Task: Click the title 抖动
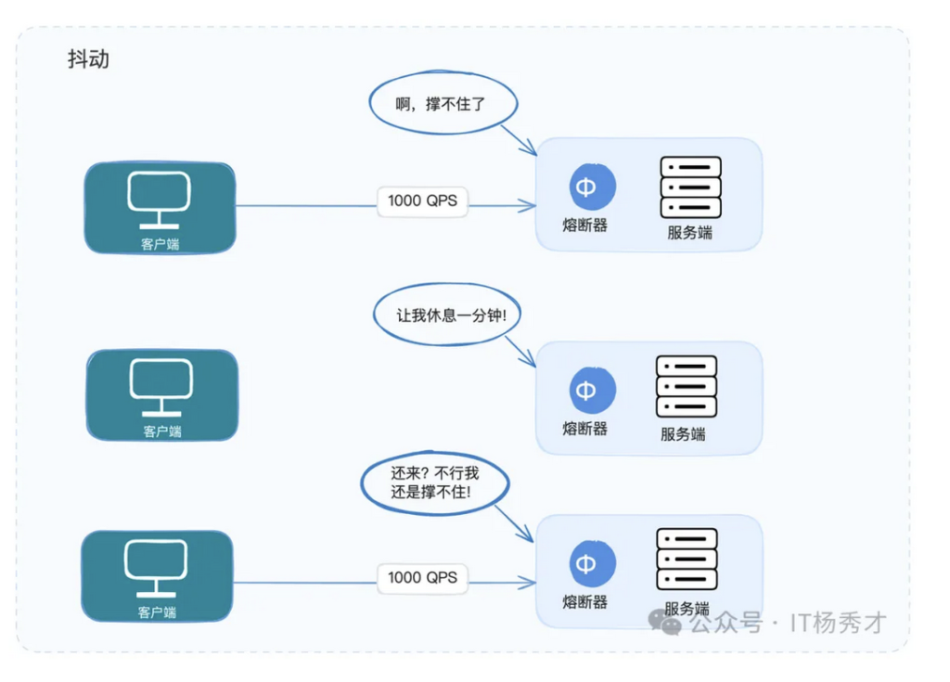88,59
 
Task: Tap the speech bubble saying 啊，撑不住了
443,103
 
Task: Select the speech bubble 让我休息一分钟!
447,315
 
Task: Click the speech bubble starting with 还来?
435,483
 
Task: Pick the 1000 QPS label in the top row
422,201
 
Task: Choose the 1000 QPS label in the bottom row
422,578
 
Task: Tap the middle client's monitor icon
161,387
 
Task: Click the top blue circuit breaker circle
593,187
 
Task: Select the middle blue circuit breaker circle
593,390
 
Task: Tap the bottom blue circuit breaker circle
593,564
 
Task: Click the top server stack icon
690,187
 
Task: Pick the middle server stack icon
687,386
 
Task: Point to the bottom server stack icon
687,559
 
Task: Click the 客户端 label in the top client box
160,244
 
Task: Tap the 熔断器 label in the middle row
584,429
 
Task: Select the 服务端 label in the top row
689,232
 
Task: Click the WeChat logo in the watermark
664,622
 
